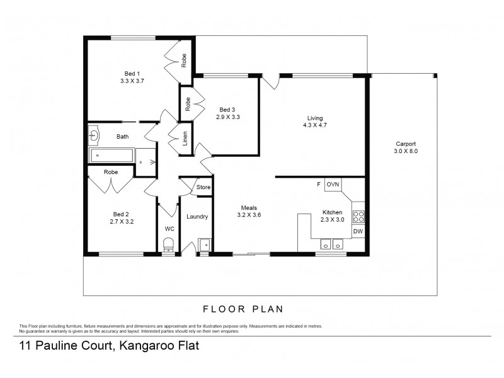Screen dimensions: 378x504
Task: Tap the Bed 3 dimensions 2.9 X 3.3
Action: click(227, 117)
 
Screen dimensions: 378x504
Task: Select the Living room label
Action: click(315, 118)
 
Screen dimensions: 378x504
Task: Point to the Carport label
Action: click(406, 144)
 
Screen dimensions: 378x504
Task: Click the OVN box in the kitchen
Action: click(333, 184)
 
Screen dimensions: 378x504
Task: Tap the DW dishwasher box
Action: click(358, 231)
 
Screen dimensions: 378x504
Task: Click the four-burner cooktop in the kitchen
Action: click(358, 216)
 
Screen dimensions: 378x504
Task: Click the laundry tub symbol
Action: click(204, 244)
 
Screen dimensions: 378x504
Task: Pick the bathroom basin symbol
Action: click(94, 134)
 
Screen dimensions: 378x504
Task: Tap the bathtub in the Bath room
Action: click(112, 156)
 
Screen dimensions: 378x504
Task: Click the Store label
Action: click(203, 187)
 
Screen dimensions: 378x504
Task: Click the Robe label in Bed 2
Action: click(111, 171)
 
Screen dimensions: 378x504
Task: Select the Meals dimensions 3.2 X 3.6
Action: click(249, 215)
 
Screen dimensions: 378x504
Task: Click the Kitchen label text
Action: click(333, 212)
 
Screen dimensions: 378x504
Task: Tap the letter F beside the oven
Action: click(318, 184)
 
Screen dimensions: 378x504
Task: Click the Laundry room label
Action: click(197, 217)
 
